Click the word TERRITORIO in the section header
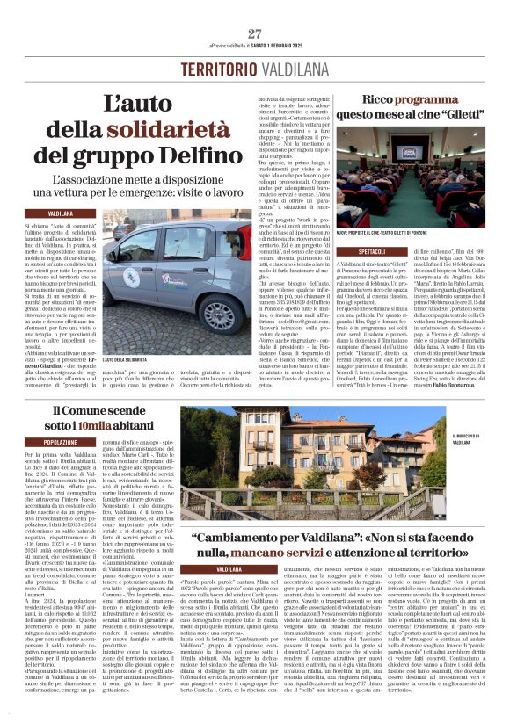coord(216,70)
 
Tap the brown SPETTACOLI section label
coord(349,249)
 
